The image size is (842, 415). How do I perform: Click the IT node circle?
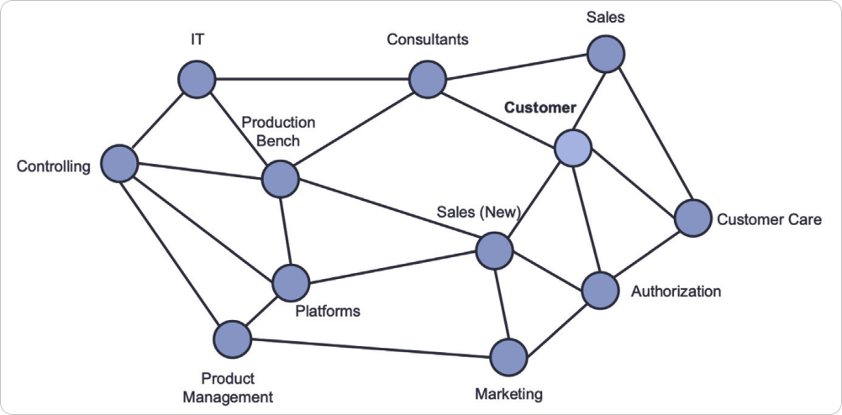point(197,80)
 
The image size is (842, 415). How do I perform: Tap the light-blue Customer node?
point(574,148)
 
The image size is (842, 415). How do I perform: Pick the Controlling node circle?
point(119,163)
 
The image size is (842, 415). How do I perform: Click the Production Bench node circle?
point(281,178)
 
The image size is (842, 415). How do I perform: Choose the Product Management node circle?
point(232,339)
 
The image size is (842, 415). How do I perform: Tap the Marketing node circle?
point(509,358)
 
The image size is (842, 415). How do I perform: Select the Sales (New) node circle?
point(494,250)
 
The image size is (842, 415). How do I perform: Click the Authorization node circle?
point(600,291)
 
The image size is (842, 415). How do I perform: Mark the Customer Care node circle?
point(693,218)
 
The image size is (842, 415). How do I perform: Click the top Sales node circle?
point(606,55)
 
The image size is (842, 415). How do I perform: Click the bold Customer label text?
point(540,108)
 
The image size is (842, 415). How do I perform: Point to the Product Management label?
point(228,388)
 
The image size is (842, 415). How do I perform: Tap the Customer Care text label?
point(769,220)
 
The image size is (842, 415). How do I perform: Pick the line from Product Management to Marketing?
point(370,349)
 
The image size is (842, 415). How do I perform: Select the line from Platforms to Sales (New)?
point(392,266)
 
